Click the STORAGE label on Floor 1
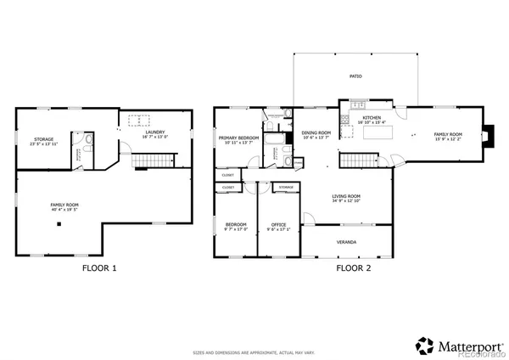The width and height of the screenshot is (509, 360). point(44,139)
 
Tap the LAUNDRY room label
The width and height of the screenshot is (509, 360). point(154,132)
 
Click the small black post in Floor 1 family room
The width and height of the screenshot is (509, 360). point(60,225)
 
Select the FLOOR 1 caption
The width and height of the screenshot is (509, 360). point(98,268)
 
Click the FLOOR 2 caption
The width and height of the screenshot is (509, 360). point(353,268)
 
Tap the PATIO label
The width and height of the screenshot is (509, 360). point(355,76)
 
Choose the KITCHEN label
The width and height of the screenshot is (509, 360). point(372,118)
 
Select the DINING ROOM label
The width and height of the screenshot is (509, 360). point(315,132)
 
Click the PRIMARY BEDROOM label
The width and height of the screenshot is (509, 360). point(238,138)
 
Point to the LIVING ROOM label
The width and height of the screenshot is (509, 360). point(346,196)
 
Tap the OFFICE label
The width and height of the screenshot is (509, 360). point(278,224)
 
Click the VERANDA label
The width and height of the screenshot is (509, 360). point(347,242)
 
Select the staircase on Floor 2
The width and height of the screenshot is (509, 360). point(357,161)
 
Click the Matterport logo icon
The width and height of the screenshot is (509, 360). point(424,345)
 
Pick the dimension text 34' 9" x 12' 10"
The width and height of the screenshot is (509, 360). point(346,201)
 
